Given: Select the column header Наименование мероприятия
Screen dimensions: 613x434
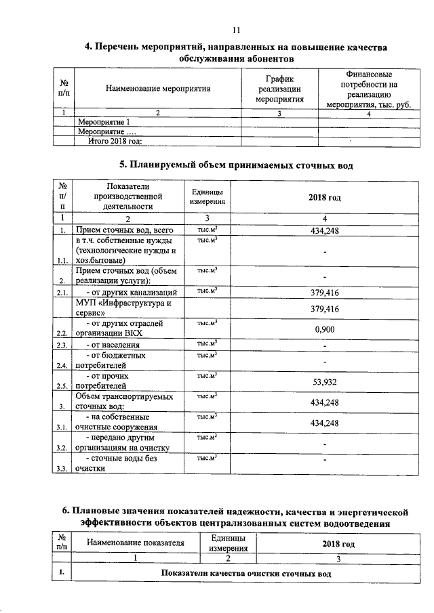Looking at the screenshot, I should click(x=158, y=89).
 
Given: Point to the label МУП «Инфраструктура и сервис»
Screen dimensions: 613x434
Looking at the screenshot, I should click(x=122, y=308).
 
